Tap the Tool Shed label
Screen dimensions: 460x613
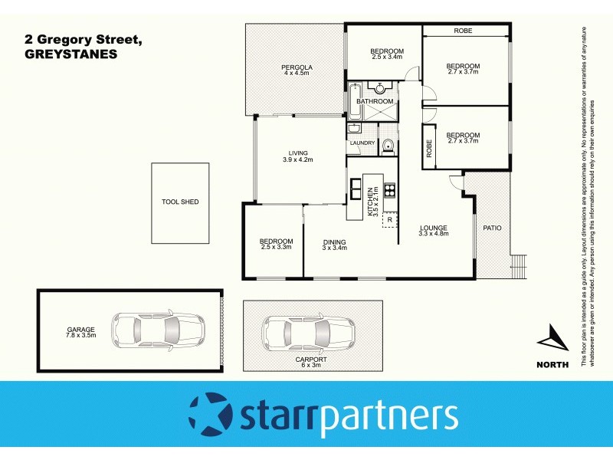(180, 202)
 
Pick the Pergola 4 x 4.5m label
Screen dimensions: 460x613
(296, 70)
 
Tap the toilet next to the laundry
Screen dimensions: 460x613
(388, 144)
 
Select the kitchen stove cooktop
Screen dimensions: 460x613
(390, 190)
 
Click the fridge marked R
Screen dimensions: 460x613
(389, 221)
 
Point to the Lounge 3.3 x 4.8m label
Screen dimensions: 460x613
(433, 230)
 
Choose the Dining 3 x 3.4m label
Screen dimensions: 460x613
(334, 245)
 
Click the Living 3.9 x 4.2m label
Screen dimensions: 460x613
(298, 156)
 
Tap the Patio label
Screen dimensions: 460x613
(491, 228)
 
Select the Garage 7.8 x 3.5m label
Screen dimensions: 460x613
(80, 333)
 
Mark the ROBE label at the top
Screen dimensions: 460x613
(462, 31)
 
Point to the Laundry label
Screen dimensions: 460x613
(362, 143)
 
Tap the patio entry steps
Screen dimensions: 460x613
(520, 265)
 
